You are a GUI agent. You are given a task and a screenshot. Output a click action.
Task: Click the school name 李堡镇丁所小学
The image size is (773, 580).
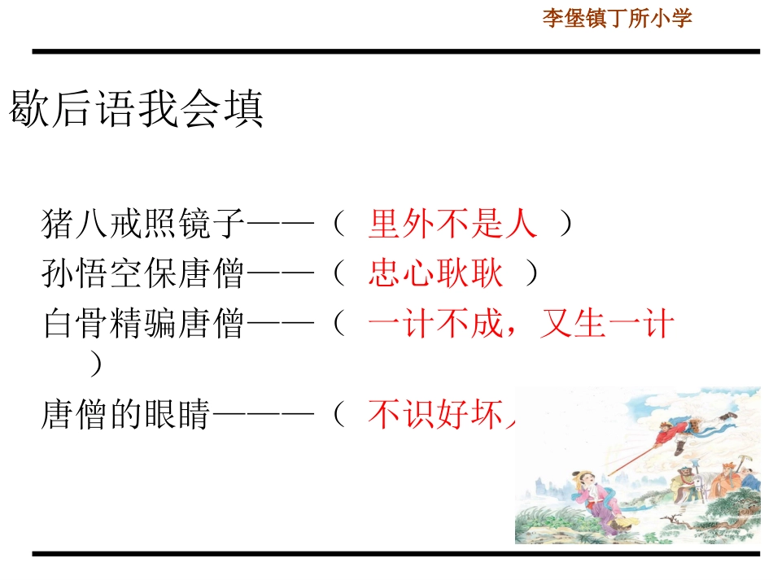(617, 19)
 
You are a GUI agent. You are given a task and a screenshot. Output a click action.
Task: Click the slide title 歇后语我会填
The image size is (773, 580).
(137, 109)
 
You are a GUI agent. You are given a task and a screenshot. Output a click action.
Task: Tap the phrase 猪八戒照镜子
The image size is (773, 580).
(143, 224)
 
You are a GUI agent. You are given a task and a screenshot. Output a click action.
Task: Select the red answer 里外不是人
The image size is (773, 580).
(452, 224)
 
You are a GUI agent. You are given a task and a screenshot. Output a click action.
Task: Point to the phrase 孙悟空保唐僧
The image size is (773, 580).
(143, 274)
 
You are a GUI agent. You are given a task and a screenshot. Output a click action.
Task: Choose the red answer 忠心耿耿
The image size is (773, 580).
(435, 274)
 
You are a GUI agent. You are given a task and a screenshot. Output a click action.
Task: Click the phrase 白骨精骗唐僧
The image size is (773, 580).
(143, 325)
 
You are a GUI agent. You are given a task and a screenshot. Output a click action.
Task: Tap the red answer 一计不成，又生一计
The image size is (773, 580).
(521, 325)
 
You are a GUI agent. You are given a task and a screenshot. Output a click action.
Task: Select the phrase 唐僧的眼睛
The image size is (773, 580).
(126, 415)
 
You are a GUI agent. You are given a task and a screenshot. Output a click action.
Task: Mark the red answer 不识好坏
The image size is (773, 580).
(439, 415)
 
